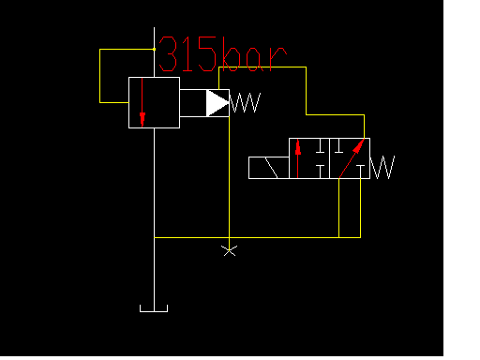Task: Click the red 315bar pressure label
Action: pyautogui.click(x=221, y=56)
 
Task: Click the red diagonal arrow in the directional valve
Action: pyautogui.click(x=352, y=158)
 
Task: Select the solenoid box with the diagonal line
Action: pyautogui.click(x=268, y=168)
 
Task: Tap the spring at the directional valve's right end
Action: pyautogui.click(x=382, y=168)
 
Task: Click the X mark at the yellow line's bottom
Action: pyautogui.click(x=229, y=249)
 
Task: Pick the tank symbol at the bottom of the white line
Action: pyautogui.click(x=154, y=308)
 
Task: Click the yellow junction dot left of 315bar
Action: pyautogui.click(x=154, y=49)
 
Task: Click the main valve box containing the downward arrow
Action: pyautogui.click(x=154, y=102)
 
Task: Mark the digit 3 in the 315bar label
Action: pyautogui.click(x=170, y=56)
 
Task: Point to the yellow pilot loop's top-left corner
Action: pyautogui.click(x=100, y=49)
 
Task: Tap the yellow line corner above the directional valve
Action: pyautogui.click(x=363, y=115)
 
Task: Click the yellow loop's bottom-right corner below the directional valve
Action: pyautogui.click(x=360, y=237)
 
